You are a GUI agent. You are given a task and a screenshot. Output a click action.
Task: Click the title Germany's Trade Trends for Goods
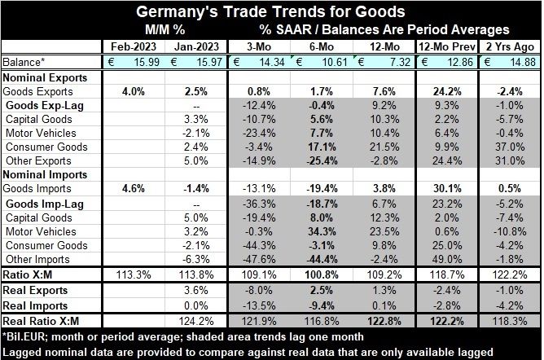[272, 11]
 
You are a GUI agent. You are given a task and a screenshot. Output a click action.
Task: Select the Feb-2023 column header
[126, 45]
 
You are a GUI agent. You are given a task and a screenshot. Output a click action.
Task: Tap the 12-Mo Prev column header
[451, 45]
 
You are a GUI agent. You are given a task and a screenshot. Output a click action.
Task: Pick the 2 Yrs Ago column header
[510, 45]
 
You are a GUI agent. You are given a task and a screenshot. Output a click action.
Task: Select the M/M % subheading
[160, 28]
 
